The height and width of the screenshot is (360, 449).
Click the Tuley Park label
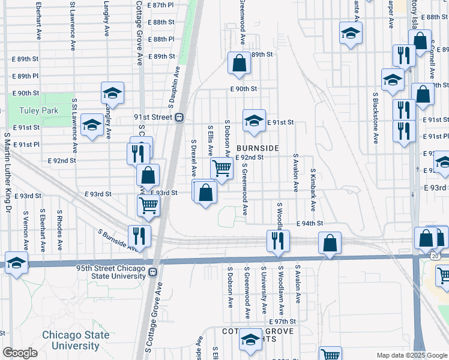pyautogui.click(x=38, y=110)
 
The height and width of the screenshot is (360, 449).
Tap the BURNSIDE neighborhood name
pyautogui.click(x=258, y=148)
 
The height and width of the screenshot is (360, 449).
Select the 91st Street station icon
pyautogui.click(x=179, y=118)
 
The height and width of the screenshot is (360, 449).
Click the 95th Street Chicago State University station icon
pyautogui.click(x=152, y=272)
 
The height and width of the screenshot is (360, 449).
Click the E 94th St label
pyautogui.click(x=310, y=223)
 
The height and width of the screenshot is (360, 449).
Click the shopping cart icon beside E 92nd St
pyautogui.click(x=221, y=168)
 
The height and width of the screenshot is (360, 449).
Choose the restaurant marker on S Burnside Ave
pyautogui.click(x=139, y=236)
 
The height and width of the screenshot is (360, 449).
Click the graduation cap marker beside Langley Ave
pyautogui.click(x=112, y=92)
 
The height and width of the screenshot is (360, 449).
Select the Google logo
pyautogui.click(x=20, y=353)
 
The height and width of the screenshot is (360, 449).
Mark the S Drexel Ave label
pyautogui.click(x=194, y=158)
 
